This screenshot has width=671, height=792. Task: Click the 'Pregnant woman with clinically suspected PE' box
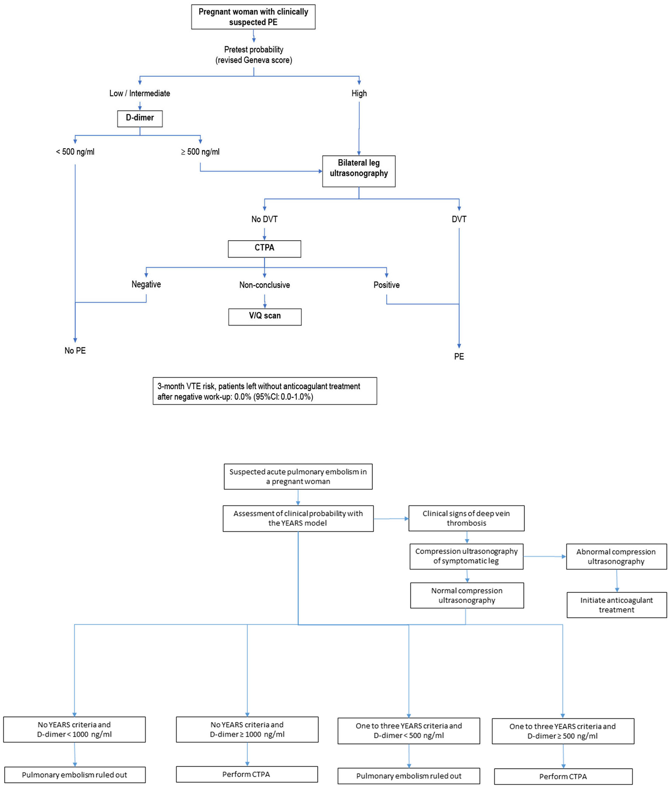253,17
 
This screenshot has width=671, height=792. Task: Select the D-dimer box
140,118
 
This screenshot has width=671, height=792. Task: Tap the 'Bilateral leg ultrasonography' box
358,171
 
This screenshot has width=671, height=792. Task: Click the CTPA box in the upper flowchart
264,248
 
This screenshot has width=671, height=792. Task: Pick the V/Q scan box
265,317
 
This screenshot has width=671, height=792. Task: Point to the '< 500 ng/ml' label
75,152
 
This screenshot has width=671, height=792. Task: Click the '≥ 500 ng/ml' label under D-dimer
200,152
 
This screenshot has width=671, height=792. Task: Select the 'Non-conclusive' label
264,285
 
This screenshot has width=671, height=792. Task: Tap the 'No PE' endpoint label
75,350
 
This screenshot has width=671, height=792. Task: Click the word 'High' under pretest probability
359,93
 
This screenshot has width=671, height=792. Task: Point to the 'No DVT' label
264,219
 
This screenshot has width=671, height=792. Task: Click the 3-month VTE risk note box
265,391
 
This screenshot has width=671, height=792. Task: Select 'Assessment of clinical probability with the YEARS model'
298,518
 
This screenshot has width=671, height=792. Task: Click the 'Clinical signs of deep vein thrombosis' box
467,518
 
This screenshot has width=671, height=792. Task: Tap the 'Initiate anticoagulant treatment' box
616,605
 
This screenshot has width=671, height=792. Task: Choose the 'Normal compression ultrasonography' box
467,595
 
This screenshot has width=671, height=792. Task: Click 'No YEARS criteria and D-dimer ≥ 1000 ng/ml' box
247,729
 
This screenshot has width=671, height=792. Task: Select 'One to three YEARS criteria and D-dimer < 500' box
409,730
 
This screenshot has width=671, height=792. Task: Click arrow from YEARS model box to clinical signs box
391,519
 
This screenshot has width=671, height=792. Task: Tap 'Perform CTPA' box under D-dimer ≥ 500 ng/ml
563,776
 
